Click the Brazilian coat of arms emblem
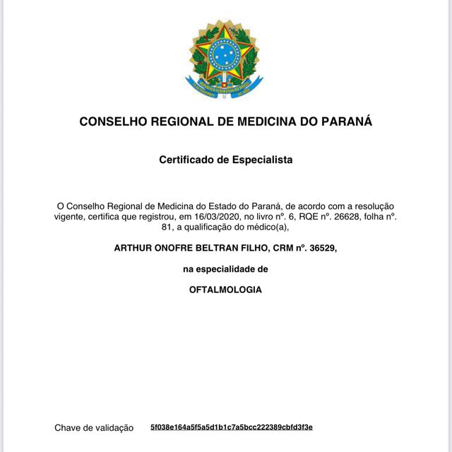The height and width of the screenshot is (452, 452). click(x=225, y=59)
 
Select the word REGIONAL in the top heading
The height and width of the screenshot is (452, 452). click(x=171, y=121)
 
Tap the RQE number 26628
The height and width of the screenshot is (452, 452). click(x=340, y=217)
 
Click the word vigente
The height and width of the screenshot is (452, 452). click(x=73, y=217)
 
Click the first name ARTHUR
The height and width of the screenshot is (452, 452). click(x=135, y=249)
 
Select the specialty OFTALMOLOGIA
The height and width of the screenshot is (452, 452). click(x=225, y=290)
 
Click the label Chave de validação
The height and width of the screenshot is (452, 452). click(x=94, y=427)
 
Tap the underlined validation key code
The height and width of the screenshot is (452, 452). click(x=232, y=427)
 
